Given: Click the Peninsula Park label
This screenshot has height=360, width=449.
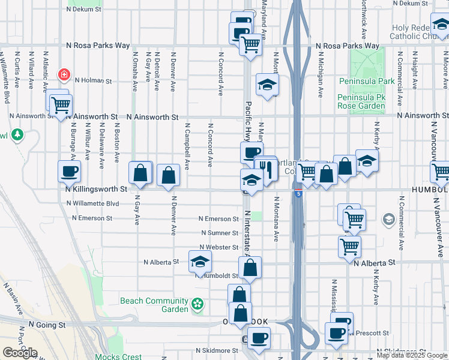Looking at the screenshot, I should (367, 81).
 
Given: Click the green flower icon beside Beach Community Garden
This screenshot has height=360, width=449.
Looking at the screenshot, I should (197, 305).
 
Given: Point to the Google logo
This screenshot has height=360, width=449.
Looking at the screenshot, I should (20, 353).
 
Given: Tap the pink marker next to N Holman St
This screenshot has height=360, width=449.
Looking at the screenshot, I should (64, 76).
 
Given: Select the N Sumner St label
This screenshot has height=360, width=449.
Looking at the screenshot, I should (220, 233).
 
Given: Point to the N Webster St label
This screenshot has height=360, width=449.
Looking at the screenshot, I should (220, 247).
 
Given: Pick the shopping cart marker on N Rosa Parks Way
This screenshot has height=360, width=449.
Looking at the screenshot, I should (250, 43).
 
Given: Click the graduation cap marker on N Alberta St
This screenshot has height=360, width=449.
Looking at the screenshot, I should (200, 262).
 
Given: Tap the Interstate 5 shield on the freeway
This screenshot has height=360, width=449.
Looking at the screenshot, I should (298, 193).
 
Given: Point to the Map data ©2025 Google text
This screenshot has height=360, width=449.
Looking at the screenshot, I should (412, 355).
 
